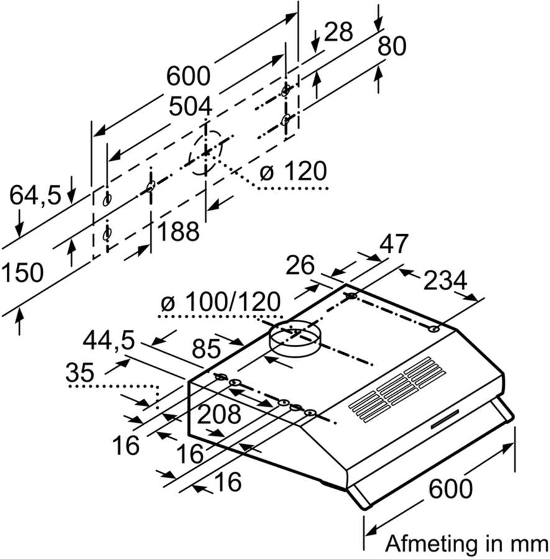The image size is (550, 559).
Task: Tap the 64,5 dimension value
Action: coord(35,196)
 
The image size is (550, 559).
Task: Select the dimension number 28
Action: coord(338,32)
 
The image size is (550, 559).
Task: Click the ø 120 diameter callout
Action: coord(292,172)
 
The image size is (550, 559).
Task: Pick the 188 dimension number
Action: coord(178,232)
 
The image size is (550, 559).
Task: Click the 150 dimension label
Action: coord(22,273)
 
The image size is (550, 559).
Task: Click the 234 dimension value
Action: coord(444,281)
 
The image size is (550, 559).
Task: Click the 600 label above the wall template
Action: coord(188,76)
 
